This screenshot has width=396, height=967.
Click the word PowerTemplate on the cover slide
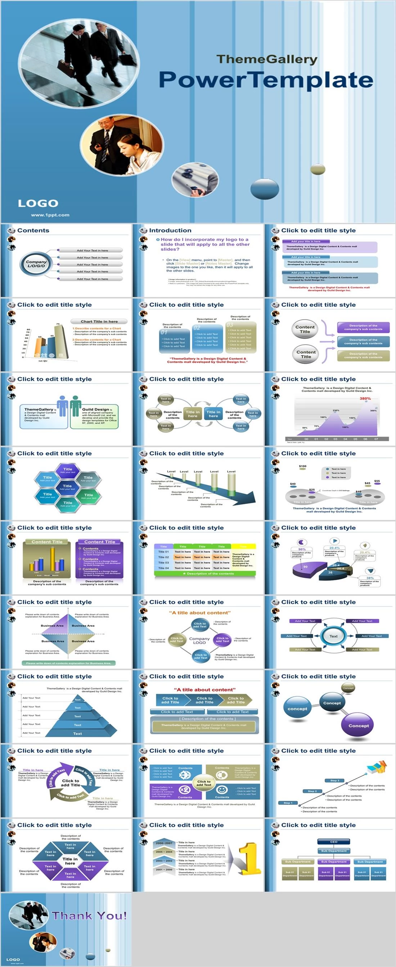(x=266, y=80)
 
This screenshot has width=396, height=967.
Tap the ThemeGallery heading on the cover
(x=267, y=59)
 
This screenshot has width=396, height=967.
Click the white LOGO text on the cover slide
(x=38, y=204)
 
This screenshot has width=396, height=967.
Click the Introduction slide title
(x=170, y=231)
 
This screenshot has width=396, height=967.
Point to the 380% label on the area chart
(x=365, y=399)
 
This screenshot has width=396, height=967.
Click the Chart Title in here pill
(x=99, y=321)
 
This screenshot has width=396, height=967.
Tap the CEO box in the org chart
(x=333, y=842)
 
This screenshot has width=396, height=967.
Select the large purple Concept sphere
(x=358, y=725)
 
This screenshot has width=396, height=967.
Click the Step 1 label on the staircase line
(x=288, y=803)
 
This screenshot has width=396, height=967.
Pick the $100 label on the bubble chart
(x=303, y=466)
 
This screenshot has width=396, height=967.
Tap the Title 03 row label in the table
(x=163, y=563)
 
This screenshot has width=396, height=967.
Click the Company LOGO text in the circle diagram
(x=199, y=640)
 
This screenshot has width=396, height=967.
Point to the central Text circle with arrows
(x=333, y=636)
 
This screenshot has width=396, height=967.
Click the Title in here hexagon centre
(x=70, y=861)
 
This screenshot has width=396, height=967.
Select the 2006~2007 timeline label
(x=164, y=843)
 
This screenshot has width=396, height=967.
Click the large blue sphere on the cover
(x=264, y=188)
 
